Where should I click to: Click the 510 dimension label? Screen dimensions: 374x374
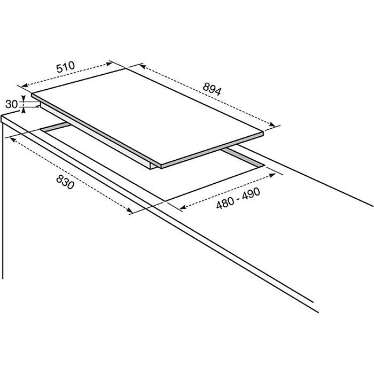click(66, 67)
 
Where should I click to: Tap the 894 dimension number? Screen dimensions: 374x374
click(212, 89)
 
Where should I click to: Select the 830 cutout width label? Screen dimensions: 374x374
click(65, 182)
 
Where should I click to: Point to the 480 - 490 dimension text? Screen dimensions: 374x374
click(238, 198)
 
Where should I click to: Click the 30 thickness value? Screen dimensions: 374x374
click(11, 104)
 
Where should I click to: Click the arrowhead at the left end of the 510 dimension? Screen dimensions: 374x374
click(25, 85)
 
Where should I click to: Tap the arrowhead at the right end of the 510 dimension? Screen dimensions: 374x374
click(109, 64)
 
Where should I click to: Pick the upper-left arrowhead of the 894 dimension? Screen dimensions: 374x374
click(143, 66)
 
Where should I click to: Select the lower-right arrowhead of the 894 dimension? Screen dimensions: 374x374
click(272, 124)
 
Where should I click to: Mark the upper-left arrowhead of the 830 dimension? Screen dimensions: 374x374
click(13, 140)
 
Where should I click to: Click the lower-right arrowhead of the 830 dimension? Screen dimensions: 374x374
click(129, 210)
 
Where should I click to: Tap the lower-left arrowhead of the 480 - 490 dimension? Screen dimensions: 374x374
click(183, 207)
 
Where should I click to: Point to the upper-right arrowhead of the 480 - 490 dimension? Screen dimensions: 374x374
click(272, 175)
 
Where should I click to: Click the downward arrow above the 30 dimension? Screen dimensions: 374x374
click(24, 98)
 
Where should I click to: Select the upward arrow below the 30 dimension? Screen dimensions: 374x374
click(24, 110)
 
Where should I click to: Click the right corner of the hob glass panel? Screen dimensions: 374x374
click(263, 131)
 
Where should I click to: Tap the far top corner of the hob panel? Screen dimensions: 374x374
click(126, 69)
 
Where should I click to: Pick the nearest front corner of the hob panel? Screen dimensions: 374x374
click(161, 165)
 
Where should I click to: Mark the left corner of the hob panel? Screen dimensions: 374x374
click(32, 93)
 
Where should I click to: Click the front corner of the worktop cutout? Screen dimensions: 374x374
click(165, 201)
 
